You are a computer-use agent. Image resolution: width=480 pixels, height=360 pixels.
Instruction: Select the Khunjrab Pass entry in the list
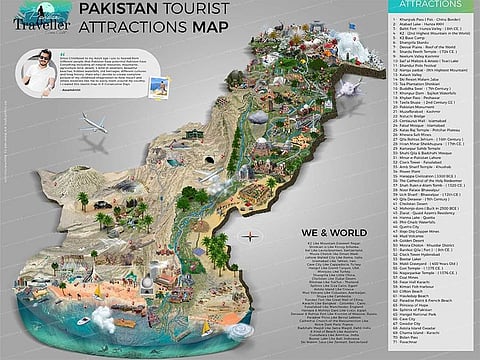[x=420, y=21]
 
